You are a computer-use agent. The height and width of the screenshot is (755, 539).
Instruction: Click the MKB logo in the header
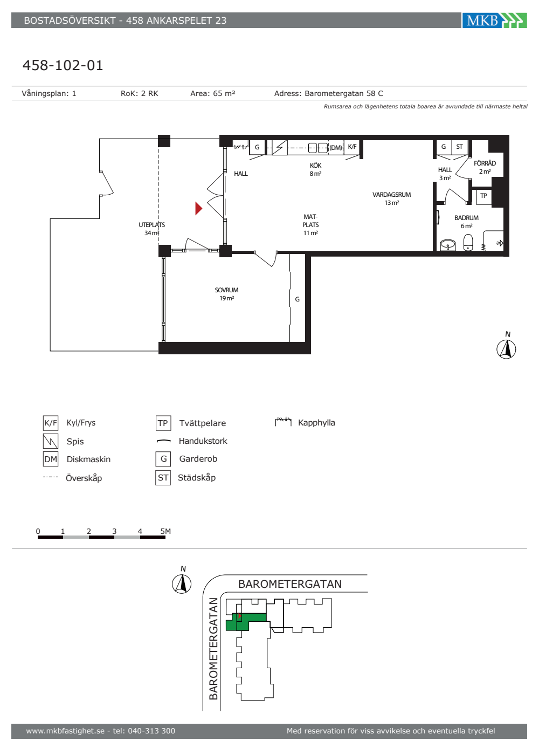click(x=494, y=20)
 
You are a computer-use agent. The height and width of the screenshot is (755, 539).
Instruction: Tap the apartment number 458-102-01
click(x=63, y=65)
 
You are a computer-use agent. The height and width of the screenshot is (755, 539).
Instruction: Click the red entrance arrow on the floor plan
click(x=198, y=208)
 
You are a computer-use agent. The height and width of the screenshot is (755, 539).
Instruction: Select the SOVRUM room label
click(x=226, y=290)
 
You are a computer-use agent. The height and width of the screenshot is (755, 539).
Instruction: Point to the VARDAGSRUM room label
click(x=391, y=195)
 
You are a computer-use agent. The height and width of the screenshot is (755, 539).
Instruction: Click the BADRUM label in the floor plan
click(x=466, y=218)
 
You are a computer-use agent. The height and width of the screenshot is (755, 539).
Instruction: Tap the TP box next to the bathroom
click(x=484, y=196)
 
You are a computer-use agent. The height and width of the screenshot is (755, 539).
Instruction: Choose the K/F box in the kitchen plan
click(x=352, y=147)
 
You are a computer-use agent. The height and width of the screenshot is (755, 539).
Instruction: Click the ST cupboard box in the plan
click(x=459, y=147)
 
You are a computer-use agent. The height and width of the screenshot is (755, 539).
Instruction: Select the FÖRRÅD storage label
click(x=485, y=163)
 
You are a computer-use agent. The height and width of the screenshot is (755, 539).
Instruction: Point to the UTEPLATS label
click(x=151, y=225)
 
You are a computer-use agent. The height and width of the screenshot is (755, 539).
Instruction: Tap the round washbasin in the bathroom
click(x=448, y=245)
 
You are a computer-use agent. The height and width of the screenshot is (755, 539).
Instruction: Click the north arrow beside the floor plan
click(x=506, y=348)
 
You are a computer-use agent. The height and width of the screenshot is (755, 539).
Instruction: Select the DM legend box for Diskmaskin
click(x=51, y=459)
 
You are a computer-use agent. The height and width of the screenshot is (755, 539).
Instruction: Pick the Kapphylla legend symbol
click(x=284, y=421)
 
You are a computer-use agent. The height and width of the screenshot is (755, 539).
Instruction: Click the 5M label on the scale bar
click(x=165, y=531)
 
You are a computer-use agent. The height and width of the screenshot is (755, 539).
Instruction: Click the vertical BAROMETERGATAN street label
click(x=213, y=649)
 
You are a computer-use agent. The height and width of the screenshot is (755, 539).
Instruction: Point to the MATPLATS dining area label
click(x=310, y=224)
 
